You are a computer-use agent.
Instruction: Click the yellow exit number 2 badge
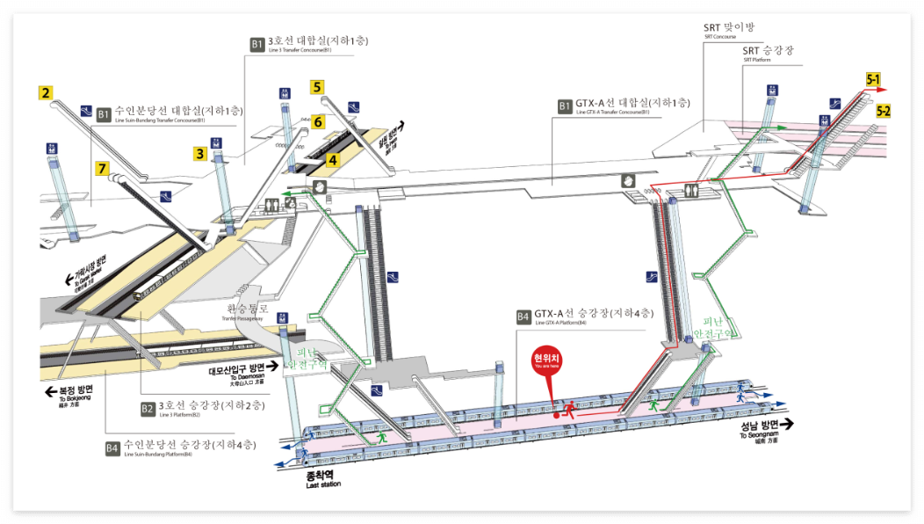click(x=46, y=91)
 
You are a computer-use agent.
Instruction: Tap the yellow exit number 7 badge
click(x=103, y=166)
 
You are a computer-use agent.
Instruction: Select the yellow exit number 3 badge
click(x=200, y=154)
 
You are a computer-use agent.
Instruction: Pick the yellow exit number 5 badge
click(x=317, y=87)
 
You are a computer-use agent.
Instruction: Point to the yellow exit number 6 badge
click(x=318, y=122)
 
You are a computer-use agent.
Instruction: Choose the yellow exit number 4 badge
click(x=332, y=160)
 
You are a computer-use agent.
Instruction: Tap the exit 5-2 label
click(x=884, y=111)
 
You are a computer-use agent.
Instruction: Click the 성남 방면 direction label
click(x=754, y=424)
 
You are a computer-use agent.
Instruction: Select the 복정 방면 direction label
click(x=75, y=389)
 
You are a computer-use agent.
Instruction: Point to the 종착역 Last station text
click(x=323, y=477)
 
